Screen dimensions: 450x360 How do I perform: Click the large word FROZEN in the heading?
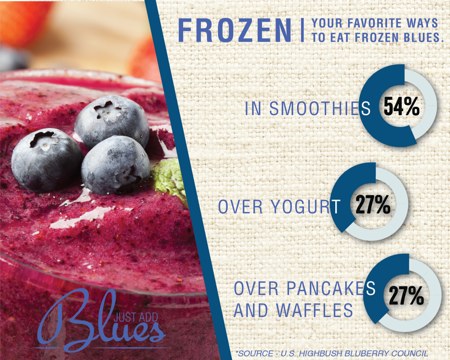[235, 31]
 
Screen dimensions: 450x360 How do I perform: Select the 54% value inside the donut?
[402, 106]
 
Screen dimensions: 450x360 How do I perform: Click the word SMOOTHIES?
[320, 109]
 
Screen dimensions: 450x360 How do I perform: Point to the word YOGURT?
[305, 207]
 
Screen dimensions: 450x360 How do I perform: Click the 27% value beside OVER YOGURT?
[373, 204]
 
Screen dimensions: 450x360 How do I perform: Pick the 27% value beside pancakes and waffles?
[406, 295]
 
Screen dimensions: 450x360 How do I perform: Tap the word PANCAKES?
[331, 288]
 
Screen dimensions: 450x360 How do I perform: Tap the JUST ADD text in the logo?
[136, 317]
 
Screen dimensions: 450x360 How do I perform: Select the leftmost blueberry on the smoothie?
[47, 160]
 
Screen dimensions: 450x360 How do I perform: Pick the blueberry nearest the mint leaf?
[116, 165]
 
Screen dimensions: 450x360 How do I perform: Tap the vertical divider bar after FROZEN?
[302, 30]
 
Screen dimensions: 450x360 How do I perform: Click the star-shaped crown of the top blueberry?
[107, 110]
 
